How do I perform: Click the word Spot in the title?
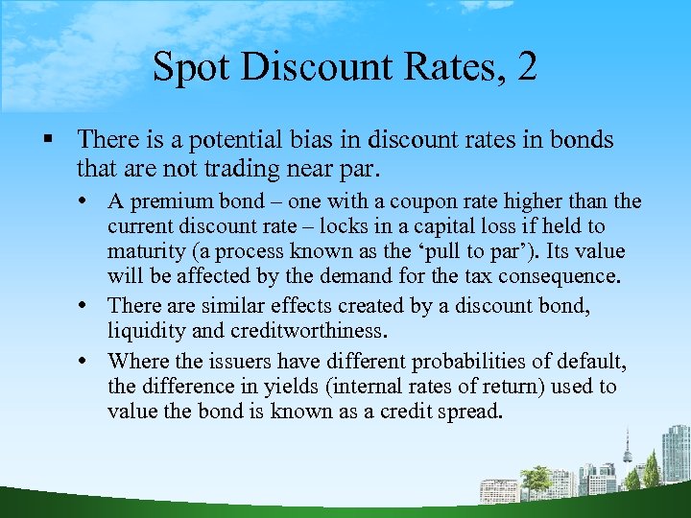(x=189, y=67)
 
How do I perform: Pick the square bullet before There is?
(x=44, y=141)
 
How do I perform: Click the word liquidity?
(x=145, y=331)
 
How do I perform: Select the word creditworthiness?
(x=307, y=331)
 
